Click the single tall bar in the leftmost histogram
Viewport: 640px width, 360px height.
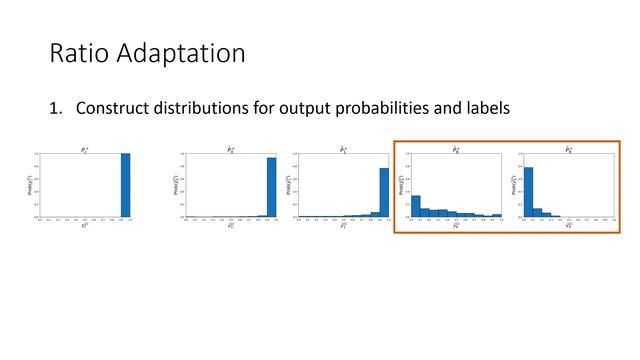click(x=125, y=185)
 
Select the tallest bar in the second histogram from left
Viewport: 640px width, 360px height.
click(x=271, y=187)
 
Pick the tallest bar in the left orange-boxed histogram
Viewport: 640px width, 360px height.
click(x=416, y=206)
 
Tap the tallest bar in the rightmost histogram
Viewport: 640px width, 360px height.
click(x=528, y=192)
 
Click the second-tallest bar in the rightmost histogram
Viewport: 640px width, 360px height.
click(x=537, y=212)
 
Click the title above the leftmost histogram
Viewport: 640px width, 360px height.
click(x=85, y=149)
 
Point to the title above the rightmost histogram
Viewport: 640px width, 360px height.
click(x=569, y=149)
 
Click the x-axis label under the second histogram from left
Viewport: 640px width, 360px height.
click(x=230, y=226)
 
